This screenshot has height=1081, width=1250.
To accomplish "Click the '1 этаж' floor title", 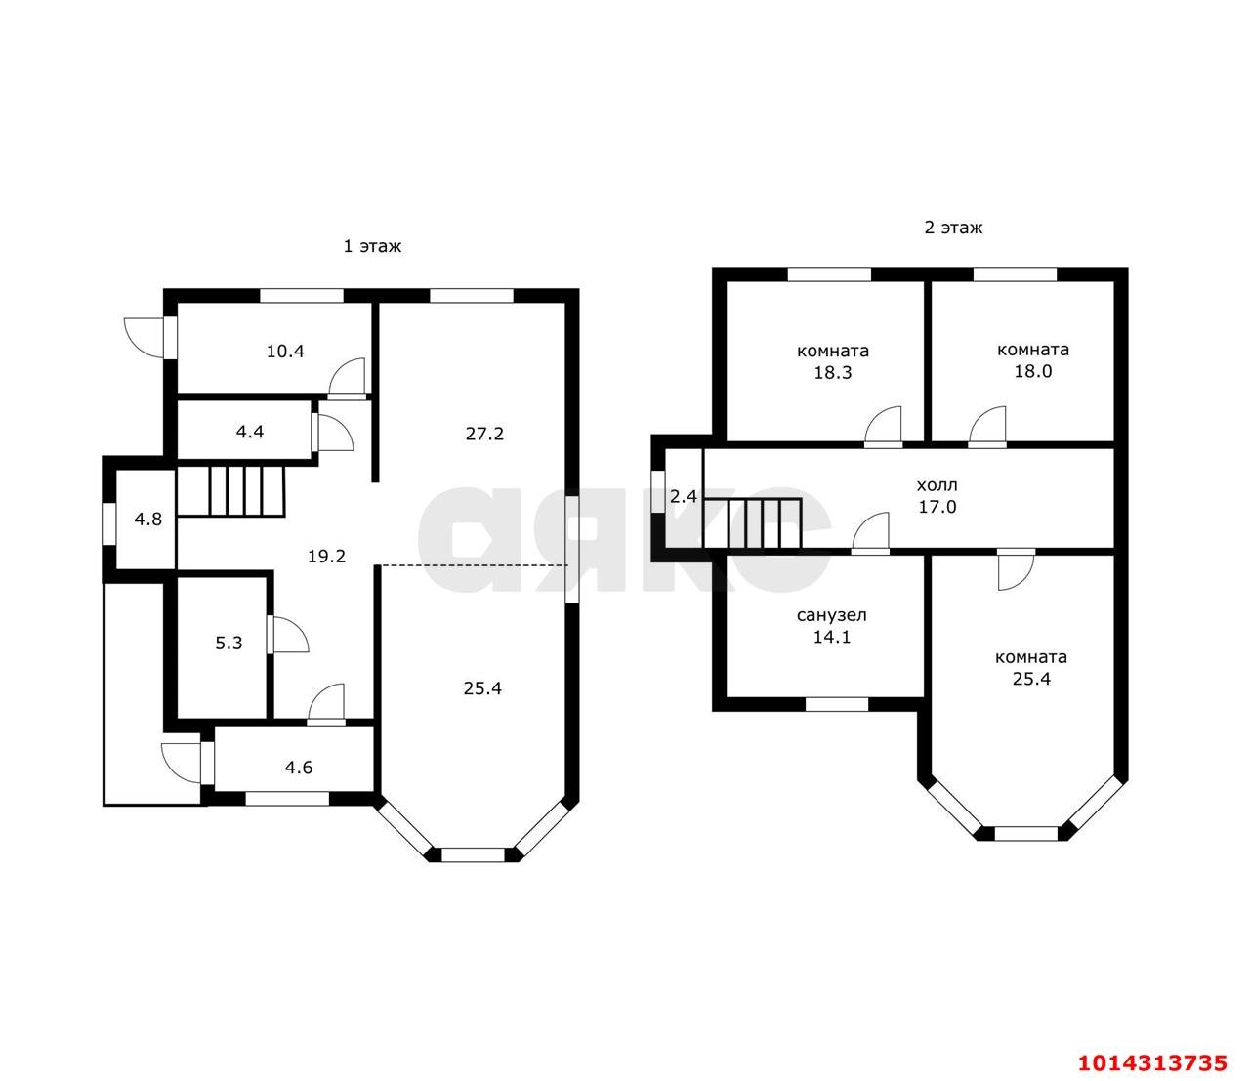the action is point(372,247).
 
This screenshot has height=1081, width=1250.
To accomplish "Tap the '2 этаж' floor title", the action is point(953,228).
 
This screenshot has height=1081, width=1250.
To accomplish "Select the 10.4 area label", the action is point(285,352).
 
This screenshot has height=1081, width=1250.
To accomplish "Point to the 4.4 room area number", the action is point(250,432).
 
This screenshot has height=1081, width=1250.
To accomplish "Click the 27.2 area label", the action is point(484,434).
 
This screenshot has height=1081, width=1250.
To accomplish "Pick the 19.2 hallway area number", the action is point(326,557).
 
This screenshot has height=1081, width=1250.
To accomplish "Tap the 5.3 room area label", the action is point(229,643).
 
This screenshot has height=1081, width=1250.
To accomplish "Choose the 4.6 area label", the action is point(299,768).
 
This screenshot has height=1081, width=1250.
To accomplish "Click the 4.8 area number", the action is point(148,519).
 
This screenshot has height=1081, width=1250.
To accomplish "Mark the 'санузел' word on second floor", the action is point(831,615).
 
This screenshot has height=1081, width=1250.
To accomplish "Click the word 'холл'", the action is point(937,485).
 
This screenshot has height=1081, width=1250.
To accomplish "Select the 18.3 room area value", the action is point(833,372).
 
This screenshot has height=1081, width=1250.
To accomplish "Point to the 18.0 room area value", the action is point(1033,371).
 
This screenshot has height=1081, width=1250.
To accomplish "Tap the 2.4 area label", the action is point(684,496).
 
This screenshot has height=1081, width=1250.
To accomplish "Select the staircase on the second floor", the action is point(752,523).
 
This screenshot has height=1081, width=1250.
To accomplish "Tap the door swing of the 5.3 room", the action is point(288,634).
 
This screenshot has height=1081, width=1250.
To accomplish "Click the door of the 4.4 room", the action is point(333,433).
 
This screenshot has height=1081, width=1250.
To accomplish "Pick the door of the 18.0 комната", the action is point(987,427).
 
